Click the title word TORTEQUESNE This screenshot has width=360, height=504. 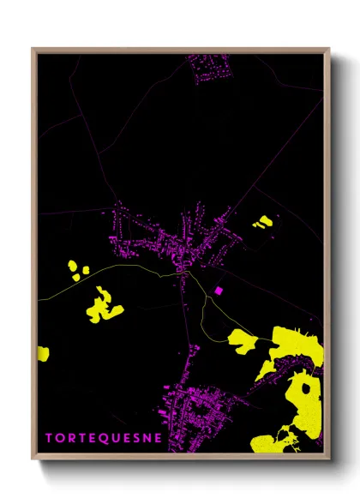click(104, 438)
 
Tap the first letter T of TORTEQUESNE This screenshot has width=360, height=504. click(49, 438)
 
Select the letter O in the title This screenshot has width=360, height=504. click(60, 438)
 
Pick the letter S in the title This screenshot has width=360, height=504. click(135, 438)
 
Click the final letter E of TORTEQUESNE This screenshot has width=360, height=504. click(159, 438)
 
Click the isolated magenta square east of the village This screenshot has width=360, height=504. click(218, 291)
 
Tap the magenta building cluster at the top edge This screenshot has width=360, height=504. click(211, 67)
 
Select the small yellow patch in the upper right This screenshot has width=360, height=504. click(262, 223)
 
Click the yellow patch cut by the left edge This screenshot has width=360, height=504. click(43, 352)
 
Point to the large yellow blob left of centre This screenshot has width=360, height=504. click(103, 306)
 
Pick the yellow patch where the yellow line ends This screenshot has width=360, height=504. click(243, 341)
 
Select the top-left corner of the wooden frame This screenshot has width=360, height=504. click(33, 49)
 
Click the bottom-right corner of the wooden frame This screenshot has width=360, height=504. click(329, 459)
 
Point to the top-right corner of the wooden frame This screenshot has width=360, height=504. click(329, 49)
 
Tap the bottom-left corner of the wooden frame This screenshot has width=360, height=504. click(33, 459)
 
